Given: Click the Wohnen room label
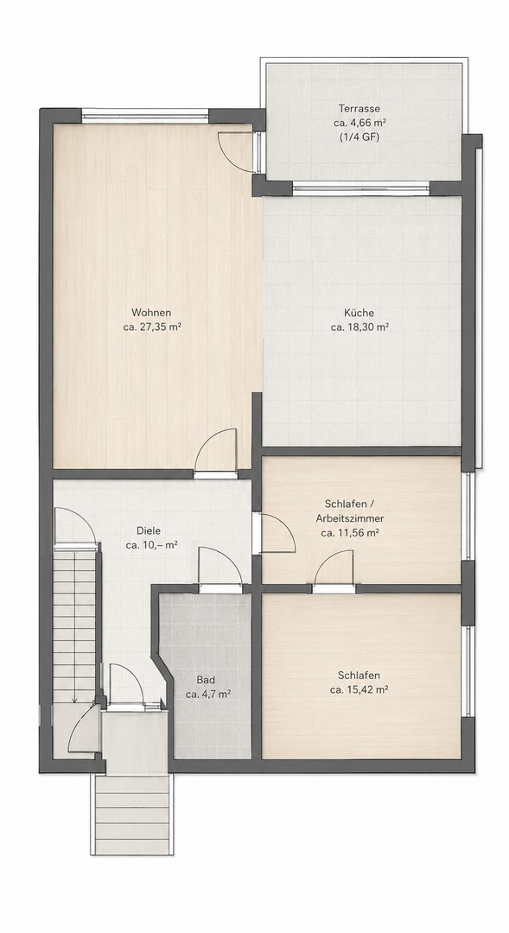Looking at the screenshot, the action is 151,313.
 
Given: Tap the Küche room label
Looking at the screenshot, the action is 359,313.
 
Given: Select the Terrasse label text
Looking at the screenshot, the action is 359,109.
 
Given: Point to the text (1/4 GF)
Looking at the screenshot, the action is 359,136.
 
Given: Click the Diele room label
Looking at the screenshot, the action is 149,530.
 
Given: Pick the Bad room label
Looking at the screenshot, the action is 206,680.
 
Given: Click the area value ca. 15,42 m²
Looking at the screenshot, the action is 359,690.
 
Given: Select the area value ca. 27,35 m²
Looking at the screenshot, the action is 152,327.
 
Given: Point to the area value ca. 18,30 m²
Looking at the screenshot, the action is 359,327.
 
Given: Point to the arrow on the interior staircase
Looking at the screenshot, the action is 74,625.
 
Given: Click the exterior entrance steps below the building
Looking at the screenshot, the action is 132,816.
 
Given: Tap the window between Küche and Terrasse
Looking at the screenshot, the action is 361,189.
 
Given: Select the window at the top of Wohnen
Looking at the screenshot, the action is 145,116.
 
